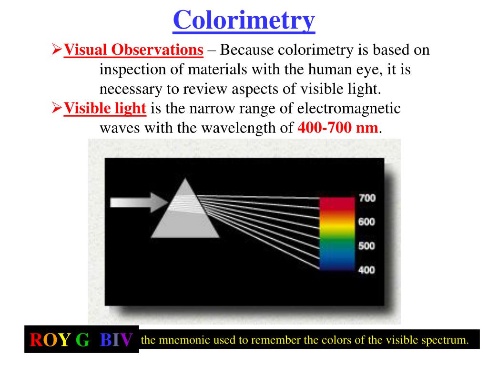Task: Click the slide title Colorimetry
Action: [244, 20]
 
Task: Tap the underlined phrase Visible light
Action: [105, 109]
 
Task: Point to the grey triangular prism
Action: [185, 214]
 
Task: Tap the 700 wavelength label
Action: [366, 199]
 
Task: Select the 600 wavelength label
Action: [366, 222]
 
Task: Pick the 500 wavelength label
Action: [366, 246]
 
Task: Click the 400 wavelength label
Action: [366, 270]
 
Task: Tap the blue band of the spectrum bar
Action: [337, 261]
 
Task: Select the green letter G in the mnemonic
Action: [82, 340]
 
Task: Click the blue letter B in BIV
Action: [106, 340]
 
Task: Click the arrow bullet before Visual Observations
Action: [57, 49]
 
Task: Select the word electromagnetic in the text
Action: [349, 109]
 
